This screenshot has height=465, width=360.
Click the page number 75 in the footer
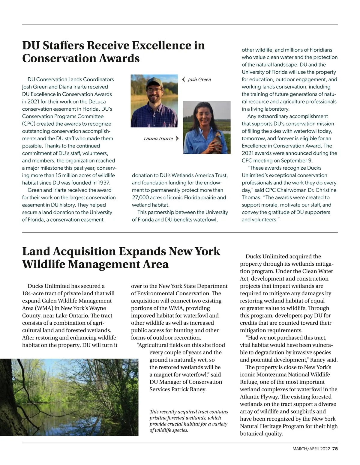[335, 449]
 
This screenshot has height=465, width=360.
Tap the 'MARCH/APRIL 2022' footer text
[311, 449]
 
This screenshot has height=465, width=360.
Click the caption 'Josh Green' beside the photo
[199, 79]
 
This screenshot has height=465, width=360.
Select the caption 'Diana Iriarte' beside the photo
[158, 139]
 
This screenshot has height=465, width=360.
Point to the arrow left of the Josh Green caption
[183, 79]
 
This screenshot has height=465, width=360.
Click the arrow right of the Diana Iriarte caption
[177, 138]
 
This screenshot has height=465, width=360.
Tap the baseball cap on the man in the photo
[154, 82]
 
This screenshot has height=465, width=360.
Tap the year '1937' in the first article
[104, 183]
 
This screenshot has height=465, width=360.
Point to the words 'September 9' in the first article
[296, 160]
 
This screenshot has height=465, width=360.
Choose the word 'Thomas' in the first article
[251, 198]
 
